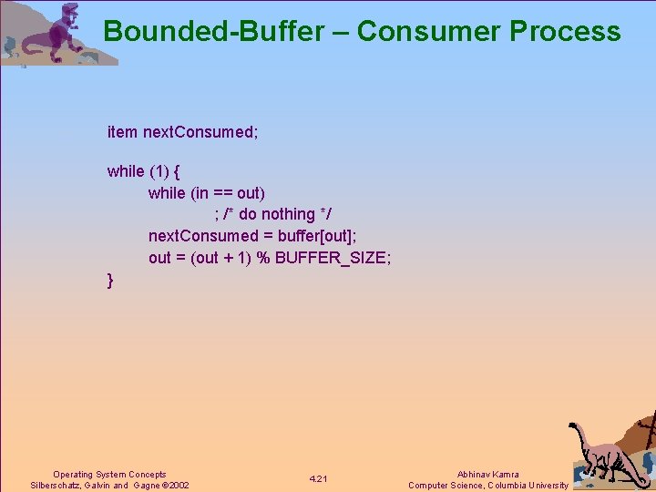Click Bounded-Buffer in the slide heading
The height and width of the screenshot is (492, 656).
213,31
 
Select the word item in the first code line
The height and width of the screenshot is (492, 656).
122,132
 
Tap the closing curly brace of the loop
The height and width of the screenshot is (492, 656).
111,281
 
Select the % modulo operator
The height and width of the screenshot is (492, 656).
262,258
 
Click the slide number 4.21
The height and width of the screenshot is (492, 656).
319,479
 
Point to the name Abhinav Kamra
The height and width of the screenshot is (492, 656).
487,475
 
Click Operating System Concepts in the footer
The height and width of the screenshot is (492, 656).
109,475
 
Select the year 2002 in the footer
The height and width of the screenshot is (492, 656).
178,486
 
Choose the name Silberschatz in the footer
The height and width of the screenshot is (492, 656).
56,486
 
